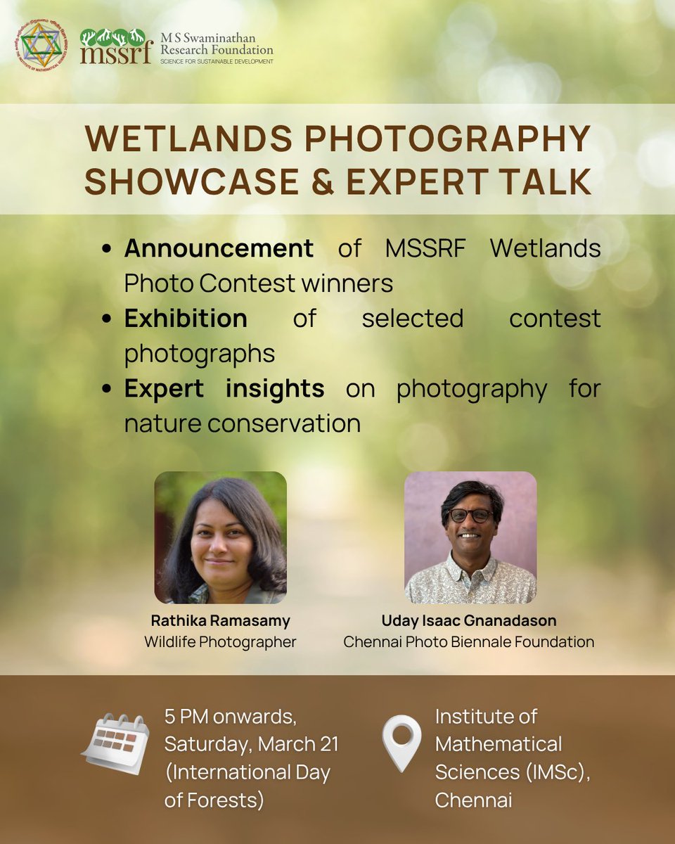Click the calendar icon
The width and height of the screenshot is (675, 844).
pos(115,744)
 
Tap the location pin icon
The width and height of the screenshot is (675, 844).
pos(401,743)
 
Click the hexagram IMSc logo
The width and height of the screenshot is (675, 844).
pos(40,46)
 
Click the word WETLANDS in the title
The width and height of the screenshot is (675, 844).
pos(186,140)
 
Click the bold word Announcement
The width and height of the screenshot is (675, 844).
pos(219,248)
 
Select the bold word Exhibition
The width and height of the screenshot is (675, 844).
pos(186,318)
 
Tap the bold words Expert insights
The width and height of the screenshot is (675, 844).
pos(224,388)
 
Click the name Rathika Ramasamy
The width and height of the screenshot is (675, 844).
pos(220,621)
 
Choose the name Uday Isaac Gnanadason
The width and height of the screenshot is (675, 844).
pos(469,621)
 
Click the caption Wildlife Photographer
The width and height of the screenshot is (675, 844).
pos(220,641)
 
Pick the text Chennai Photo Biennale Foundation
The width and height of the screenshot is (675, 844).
pos(469,641)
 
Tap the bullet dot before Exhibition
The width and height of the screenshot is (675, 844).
pos(107,319)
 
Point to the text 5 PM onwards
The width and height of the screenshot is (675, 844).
pos(229,717)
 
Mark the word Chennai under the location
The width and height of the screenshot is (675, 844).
pos(472,800)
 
